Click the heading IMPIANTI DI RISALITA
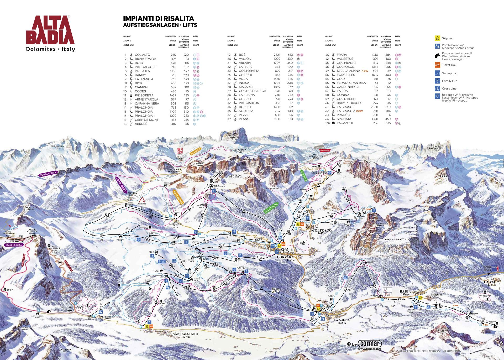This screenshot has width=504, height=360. click(159, 19)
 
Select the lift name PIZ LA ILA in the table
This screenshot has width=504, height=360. click(142, 71)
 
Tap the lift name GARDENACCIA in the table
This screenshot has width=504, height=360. click(348, 87)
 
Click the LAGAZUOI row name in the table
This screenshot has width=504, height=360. click(345, 123)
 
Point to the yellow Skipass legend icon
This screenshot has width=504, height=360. click(437, 38)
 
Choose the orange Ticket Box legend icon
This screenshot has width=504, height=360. click(437, 65)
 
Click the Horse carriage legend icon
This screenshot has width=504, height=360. click(437, 56)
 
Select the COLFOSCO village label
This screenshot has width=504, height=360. click(322, 230)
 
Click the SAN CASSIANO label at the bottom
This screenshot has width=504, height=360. click(185, 334)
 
